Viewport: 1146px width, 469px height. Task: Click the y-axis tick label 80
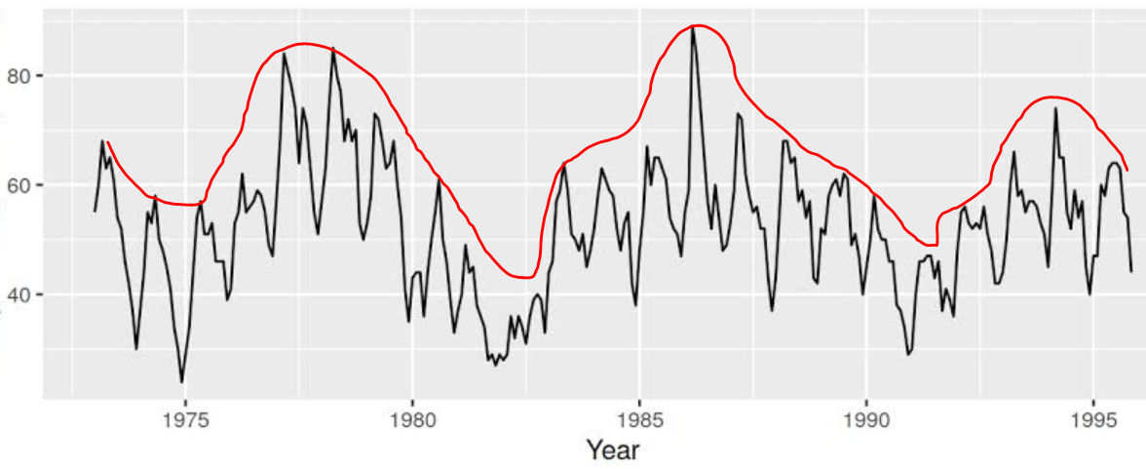coord(20,76)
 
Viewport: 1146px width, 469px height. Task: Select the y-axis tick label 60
coord(20,185)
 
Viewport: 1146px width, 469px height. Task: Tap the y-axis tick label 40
coord(20,294)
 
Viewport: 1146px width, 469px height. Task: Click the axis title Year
coord(612,449)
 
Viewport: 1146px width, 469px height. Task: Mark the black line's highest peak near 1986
coord(693,29)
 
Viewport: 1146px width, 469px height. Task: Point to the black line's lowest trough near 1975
coord(181,382)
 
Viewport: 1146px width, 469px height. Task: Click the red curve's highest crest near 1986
coord(697,25)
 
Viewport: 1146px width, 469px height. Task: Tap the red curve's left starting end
coord(107,142)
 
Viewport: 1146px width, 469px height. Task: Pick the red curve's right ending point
coord(1127,171)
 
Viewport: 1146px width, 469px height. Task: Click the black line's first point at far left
coord(95,211)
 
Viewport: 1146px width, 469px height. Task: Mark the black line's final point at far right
coord(1131,271)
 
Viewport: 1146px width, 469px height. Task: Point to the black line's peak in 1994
coord(1055,108)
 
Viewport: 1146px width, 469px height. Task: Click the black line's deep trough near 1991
coord(907,354)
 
